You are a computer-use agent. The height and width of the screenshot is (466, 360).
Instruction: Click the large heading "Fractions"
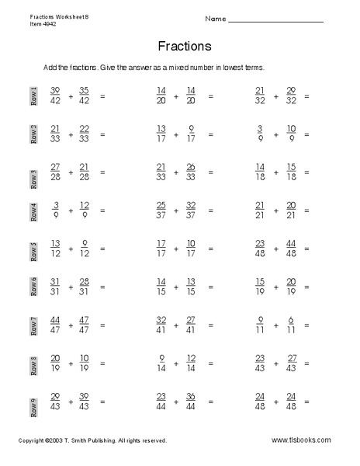184,46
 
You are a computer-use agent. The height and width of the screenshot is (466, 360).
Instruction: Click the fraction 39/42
55,96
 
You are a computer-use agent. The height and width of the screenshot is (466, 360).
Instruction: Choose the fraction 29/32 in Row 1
290,96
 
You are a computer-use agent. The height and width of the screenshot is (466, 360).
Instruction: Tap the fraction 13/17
161,134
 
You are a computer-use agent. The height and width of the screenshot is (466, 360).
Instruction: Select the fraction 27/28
55,172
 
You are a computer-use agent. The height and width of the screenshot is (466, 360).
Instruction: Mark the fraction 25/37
161,210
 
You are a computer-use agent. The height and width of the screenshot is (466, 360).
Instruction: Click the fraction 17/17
161,248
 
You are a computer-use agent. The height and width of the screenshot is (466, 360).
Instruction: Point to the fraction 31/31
55,286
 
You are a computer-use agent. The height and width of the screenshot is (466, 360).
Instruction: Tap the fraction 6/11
290,324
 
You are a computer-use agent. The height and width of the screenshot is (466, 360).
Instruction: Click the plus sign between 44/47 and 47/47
71,325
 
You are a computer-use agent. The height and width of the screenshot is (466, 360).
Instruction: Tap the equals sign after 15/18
306,172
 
